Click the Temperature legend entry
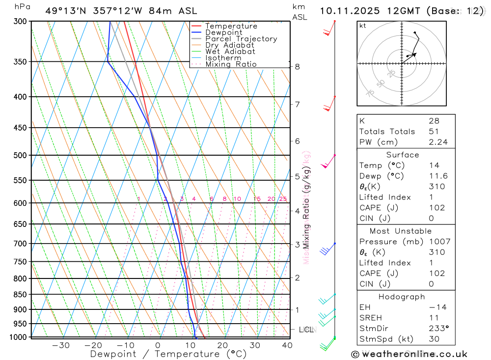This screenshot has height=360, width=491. [x=231, y=26]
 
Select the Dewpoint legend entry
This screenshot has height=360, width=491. [x=224, y=32]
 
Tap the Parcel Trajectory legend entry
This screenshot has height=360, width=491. [x=241, y=39]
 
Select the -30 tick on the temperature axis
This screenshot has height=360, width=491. [x=60, y=345]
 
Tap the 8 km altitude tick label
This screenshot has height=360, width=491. [x=298, y=67]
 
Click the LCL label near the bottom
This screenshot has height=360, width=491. [x=306, y=330]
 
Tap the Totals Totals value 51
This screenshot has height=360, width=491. [x=434, y=132]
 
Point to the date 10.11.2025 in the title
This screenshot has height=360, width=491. [x=352, y=11]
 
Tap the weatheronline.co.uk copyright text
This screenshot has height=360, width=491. [x=409, y=354]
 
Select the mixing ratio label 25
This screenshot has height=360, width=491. [x=283, y=199]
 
